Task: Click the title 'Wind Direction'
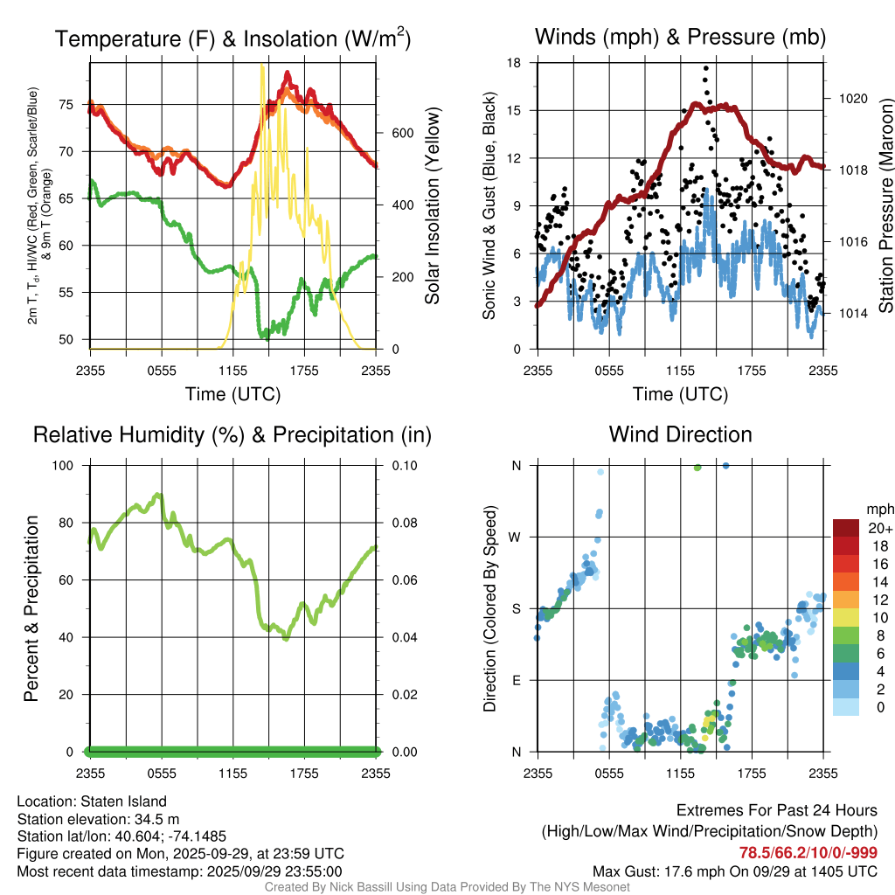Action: click(x=680, y=434)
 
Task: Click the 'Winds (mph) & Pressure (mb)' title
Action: click(x=680, y=38)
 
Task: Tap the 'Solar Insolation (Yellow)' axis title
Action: click(x=432, y=206)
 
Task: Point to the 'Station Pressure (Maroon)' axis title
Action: click(x=885, y=206)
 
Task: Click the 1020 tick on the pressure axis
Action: click(x=852, y=99)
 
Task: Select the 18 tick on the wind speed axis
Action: click(x=514, y=63)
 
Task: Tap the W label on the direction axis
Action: click(x=516, y=537)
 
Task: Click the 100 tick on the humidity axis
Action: click(x=68, y=465)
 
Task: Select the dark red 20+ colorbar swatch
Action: click(x=846, y=528)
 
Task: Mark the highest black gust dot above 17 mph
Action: click(x=705, y=67)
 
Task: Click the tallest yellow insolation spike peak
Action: click(x=262, y=66)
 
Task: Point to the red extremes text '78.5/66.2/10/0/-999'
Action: click(x=808, y=853)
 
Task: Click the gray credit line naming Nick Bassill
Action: click(x=447, y=887)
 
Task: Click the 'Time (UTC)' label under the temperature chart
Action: click(x=233, y=394)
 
